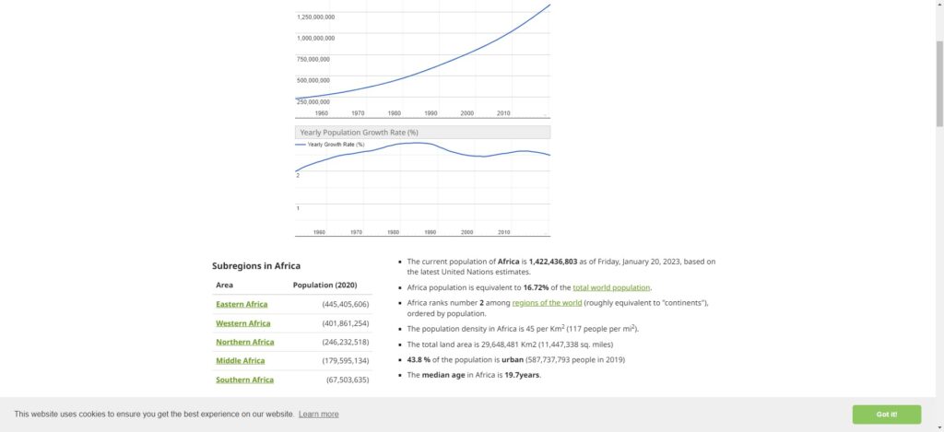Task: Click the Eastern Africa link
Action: (242, 304)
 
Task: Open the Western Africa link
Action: (243, 323)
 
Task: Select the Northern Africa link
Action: (244, 342)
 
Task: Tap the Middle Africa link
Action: (241, 361)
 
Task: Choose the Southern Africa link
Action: (244, 379)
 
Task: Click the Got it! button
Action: (886, 414)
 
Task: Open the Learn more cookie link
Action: (318, 414)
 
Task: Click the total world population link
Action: (611, 287)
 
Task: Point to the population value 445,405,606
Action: (346, 304)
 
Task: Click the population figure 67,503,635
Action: (348, 379)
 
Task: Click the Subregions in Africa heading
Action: (256, 266)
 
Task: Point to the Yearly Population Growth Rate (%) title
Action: (360, 133)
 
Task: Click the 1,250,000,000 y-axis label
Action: (315, 18)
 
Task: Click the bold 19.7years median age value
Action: (523, 375)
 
